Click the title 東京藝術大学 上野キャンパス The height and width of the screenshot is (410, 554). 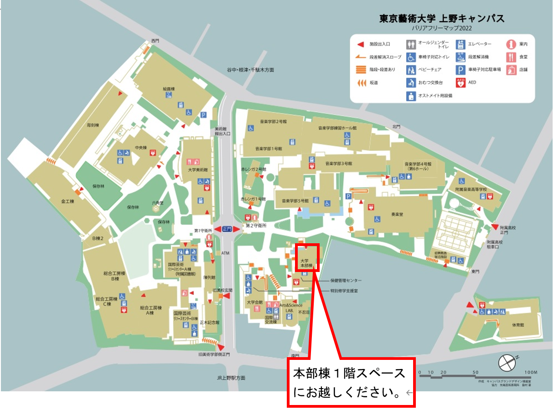(442, 19)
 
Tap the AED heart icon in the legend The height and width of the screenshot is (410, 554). (460, 83)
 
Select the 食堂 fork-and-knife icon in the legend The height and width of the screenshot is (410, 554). (511, 57)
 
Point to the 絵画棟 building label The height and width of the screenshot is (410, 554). (169, 89)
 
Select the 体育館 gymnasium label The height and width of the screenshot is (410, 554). (518, 325)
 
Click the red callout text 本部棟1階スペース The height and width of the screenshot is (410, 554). (349, 374)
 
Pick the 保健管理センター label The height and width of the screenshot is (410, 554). (346, 281)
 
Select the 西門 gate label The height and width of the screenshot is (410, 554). (155, 41)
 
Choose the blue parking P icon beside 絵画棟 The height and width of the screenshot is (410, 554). (204, 115)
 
